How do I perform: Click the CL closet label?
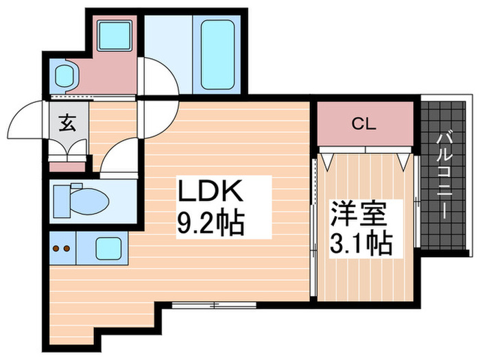pyautogui.click(x=364, y=124)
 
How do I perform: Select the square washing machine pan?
pyautogui.click(x=114, y=36)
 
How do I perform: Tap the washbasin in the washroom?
pyautogui.click(x=64, y=73)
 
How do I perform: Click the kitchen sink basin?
pyautogui.click(x=109, y=248)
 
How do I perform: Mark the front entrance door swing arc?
pyautogui.click(x=29, y=120)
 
